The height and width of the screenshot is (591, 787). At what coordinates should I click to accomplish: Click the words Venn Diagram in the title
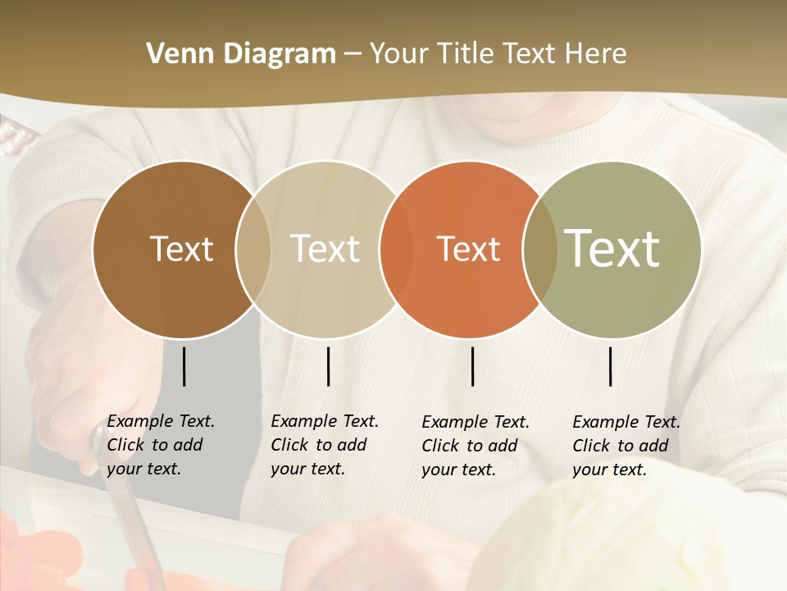241,54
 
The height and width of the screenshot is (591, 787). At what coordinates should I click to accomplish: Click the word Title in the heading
465,54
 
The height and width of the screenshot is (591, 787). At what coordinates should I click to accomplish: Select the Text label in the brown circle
181,249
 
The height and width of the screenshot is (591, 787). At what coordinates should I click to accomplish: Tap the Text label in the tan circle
325,249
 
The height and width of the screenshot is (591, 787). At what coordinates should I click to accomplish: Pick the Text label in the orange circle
468,249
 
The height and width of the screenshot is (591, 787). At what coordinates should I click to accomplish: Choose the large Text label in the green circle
612,248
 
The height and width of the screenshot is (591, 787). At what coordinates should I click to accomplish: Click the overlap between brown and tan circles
253,249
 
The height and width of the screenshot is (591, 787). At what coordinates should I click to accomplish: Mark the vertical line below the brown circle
184,366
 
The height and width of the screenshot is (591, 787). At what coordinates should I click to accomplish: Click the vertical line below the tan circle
328,366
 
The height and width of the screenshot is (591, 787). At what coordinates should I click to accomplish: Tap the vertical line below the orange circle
472,366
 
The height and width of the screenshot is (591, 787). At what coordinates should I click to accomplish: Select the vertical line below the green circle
611,366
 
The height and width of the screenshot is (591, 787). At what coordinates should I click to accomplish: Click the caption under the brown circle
160,445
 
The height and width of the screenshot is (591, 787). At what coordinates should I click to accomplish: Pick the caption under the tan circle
324,445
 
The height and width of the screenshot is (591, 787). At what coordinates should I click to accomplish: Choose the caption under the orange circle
475,446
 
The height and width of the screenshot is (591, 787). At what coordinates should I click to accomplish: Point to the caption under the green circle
626,446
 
